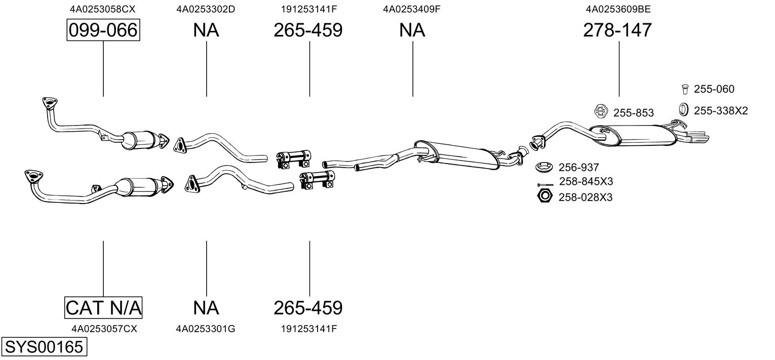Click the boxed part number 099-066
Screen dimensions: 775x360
pyautogui.click(x=103, y=30)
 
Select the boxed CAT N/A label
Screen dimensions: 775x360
pyautogui.click(x=103, y=307)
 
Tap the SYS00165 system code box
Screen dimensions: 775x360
pyautogui.click(x=44, y=347)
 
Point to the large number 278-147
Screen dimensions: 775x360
pyautogui.click(x=617, y=30)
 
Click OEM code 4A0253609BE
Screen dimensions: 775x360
pyautogui.click(x=618, y=9)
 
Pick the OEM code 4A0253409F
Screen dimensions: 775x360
pyautogui.click(x=411, y=9)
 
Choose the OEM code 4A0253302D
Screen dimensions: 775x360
pyautogui.click(x=206, y=9)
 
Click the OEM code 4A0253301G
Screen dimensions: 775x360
pyautogui.click(x=206, y=329)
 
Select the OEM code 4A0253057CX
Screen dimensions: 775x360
pyautogui.click(x=104, y=329)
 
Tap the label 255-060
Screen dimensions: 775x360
pyautogui.click(x=714, y=89)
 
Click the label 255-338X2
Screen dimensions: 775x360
pyautogui.click(x=721, y=111)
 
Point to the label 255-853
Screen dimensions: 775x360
pyautogui.click(x=634, y=113)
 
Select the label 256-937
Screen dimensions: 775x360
pyautogui.click(x=578, y=168)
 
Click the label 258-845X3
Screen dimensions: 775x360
pyautogui.click(x=586, y=181)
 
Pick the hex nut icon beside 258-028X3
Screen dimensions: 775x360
pyautogui.click(x=545, y=196)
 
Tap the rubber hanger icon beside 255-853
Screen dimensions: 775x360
pyautogui.click(x=601, y=111)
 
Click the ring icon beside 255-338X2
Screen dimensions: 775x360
pyautogui.click(x=683, y=109)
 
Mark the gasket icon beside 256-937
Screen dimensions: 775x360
pyautogui.click(x=545, y=167)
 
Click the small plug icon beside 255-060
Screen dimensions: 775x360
pyautogui.click(x=685, y=89)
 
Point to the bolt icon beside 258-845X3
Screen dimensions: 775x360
pyautogui.click(x=545, y=185)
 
